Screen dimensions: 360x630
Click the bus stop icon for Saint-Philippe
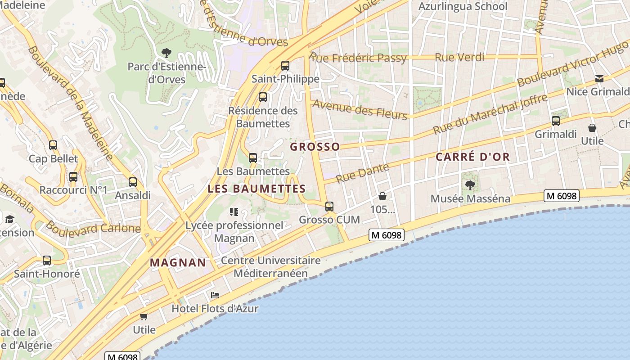(x=285, y=66)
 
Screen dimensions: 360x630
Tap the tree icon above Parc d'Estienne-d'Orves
(x=166, y=53)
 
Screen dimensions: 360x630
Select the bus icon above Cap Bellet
(x=53, y=145)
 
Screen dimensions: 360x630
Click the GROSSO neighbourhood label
(x=315, y=147)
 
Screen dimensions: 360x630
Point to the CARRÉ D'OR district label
(x=472, y=157)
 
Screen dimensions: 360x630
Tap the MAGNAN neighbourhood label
(x=178, y=262)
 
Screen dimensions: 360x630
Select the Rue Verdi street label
(x=459, y=57)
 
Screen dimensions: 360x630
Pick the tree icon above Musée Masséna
(x=470, y=185)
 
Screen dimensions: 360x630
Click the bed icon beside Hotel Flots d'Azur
(x=215, y=296)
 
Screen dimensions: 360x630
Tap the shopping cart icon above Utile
(x=144, y=316)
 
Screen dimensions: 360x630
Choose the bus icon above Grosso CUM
(x=329, y=207)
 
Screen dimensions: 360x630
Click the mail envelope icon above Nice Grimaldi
(x=599, y=79)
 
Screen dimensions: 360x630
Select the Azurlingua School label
(x=463, y=6)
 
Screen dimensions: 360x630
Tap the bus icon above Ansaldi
(x=132, y=182)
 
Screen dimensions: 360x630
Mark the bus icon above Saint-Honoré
(x=47, y=261)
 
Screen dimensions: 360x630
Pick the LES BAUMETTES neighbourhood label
(x=256, y=189)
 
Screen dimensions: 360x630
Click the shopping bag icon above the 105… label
(x=382, y=196)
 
